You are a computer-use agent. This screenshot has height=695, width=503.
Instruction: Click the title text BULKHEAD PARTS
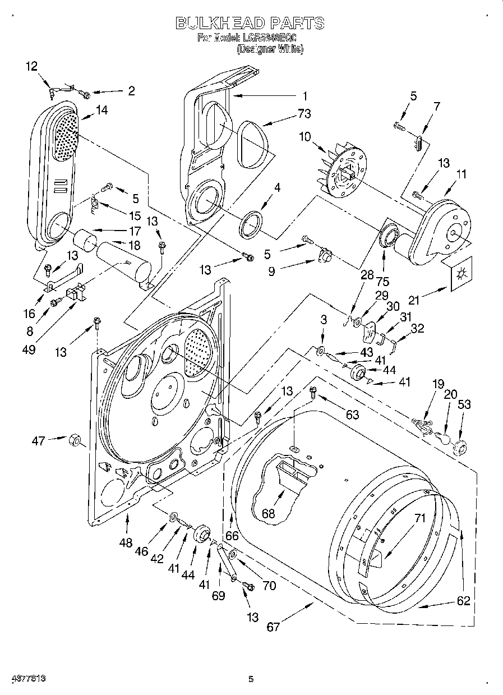(x=250, y=23)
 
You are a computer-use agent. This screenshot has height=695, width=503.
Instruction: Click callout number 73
(x=304, y=114)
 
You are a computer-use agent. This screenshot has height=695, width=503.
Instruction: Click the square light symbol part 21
(x=462, y=273)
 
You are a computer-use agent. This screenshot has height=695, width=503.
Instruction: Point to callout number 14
(x=101, y=111)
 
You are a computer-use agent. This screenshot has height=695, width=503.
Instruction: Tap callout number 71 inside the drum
(x=420, y=518)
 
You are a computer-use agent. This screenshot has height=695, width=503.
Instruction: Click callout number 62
(x=463, y=601)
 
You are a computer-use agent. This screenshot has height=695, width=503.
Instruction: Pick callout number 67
(x=273, y=627)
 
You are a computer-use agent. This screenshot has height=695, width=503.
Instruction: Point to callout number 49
(x=29, y=350)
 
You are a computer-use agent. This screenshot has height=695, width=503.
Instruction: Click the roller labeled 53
(x=460, y=447)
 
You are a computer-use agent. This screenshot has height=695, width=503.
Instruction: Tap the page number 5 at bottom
(x=251, y=679)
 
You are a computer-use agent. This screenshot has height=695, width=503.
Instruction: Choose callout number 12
(x=32, y=66)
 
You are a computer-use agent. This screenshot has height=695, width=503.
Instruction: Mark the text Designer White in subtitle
(x=270, y=49)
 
